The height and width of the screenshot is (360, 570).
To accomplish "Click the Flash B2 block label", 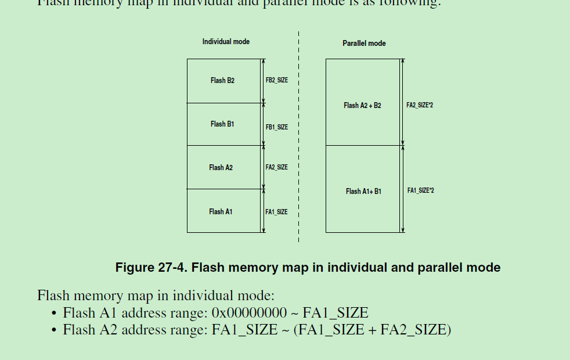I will (x=222, y=81).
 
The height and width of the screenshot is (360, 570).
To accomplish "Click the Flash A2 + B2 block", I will (x=362, y=106).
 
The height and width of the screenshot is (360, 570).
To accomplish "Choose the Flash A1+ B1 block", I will (x=363, y=192).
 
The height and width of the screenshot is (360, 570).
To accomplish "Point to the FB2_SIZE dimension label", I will (x=277, y=81).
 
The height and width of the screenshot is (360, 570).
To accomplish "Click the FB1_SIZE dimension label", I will (x=277, y=127).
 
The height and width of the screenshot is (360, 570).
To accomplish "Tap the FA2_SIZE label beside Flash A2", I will (x=277, y=168).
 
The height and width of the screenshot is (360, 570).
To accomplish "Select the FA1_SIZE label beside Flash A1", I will (x=277, y=212).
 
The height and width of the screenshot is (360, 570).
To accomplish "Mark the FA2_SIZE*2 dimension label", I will (x=420, y=106).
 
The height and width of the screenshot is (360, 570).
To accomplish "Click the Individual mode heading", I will (x=226, y=42).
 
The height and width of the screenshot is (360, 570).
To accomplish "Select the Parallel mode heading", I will (x=364, y=44).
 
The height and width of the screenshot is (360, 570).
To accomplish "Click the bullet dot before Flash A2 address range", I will (x=54, y=330).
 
